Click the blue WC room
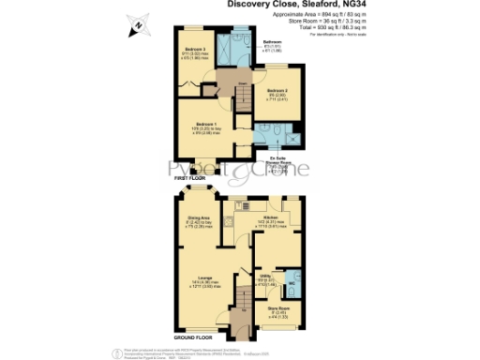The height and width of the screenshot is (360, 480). tap(292, 278)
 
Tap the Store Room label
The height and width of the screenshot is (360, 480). tap(277, 308)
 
